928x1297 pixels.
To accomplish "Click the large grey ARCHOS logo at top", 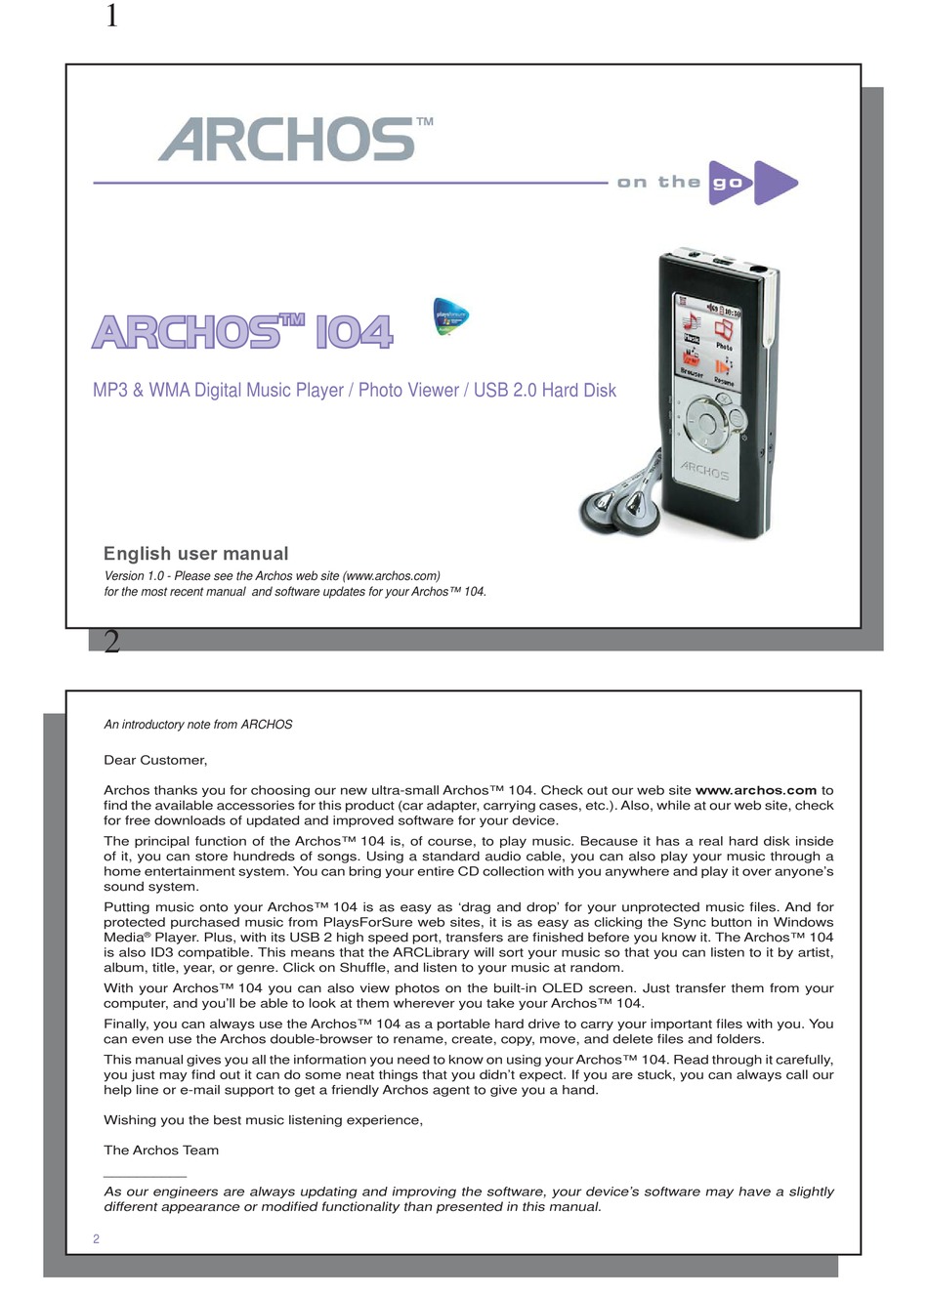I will click(289, 140).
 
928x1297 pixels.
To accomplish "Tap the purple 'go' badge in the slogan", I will click(729, 183).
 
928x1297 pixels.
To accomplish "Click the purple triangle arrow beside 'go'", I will click(774, 183).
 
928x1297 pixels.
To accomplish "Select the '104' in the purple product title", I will click(354, 333).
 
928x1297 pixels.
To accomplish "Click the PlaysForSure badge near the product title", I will click(450, 317).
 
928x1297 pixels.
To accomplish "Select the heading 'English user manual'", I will click(196, 554).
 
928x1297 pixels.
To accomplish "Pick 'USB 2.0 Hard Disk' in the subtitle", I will click(545, 391).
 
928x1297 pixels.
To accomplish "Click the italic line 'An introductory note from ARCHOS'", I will click(198, 725).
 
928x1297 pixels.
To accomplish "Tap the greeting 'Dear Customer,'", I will click(155, 760).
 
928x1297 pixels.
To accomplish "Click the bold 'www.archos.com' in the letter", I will click(755, 790).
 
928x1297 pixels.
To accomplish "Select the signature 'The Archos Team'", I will click(161, 1151).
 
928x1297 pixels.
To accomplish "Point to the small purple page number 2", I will click(96, 1238).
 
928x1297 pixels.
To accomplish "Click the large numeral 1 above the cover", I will click(111, 17).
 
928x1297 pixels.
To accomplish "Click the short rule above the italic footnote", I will click(145, 1177).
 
